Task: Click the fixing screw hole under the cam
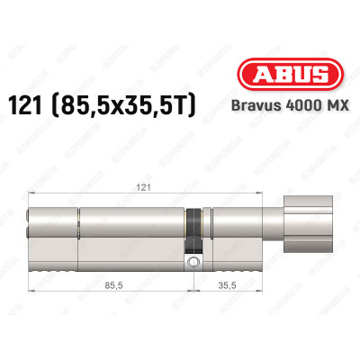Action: pyautogui.click(x=192, y=262)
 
